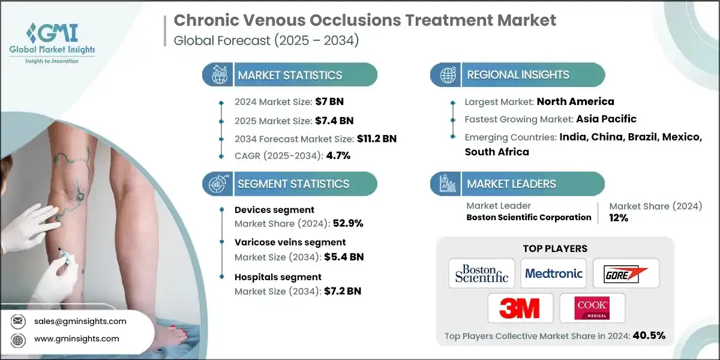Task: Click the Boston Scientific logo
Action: click(x=481, y=274)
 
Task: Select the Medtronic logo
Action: click(x=553, y=274)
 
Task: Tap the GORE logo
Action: click(x=626, y=274)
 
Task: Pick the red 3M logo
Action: click(x=519, y=308)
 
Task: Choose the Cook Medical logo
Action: click(x=592, y=308)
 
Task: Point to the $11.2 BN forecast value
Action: click(x=376, y=139)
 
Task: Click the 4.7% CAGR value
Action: click(x=338, y=155)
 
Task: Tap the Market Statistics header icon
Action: click(x=217, y=75)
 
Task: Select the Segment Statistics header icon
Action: click(x=217, y=184)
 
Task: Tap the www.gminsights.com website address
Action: click(x=76, y=338)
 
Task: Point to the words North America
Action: click(x=575, y=101)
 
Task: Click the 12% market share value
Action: click(x=619, y=218)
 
